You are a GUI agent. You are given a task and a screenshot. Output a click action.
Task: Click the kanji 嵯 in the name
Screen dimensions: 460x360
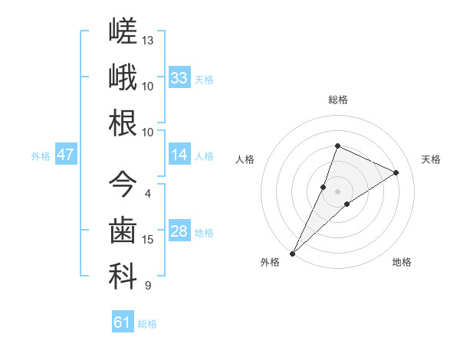click(x=123, y=31)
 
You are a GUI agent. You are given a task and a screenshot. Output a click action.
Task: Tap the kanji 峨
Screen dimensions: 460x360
click(x=123, y=77)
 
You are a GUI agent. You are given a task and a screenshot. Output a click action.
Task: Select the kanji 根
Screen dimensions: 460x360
click(x=123, y=123)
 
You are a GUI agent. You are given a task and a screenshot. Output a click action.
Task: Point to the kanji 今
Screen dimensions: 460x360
click(x=123, y=184)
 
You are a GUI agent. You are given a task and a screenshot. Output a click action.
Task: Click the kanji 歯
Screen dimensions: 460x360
click(x=123, y=230)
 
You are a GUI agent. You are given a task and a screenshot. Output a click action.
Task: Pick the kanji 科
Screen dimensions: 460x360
click(x=123, y=277)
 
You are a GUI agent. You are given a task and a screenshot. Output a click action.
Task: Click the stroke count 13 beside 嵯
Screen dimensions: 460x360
click(x=147, y=41)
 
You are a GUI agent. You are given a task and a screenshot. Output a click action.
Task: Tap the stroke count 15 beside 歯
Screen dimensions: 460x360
click(x=147, y=240)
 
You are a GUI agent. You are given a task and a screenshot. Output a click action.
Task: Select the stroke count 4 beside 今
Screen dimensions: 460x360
click(x=148, y=194)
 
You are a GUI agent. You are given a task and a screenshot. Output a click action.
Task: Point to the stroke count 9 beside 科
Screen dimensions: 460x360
click(x=148, y=285)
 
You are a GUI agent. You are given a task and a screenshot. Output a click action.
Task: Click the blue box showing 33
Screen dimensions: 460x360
click(x=179, y=77)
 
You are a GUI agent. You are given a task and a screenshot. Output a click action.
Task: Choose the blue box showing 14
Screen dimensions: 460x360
click(x=179, y=154)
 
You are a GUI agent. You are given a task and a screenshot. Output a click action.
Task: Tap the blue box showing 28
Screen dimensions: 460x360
click(x=179, y=230)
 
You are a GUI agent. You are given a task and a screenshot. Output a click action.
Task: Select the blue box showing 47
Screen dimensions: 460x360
click(x=66, y=154)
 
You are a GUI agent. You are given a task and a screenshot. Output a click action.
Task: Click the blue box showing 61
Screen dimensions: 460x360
click(x=123, y=321)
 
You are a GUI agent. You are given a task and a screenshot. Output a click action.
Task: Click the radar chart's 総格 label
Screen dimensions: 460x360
click(x=338, y=100)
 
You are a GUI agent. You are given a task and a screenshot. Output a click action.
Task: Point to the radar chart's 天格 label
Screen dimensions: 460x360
click(x=431, y=159)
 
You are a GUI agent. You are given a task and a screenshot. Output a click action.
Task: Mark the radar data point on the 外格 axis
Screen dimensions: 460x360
click(x=293, y=254)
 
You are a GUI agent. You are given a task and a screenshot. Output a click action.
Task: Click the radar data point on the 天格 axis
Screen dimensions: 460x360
click(x=396, y=172)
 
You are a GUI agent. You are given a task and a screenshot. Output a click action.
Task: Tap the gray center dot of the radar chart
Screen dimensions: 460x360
click(x=337, y=191)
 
